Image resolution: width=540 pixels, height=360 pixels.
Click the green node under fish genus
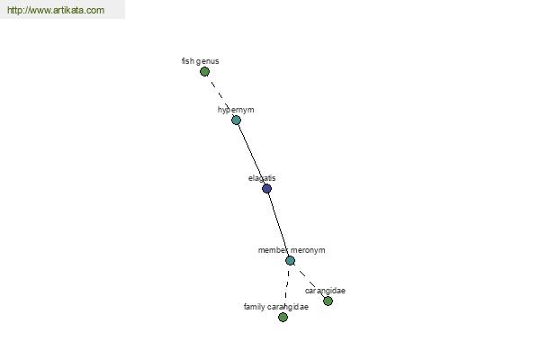(204, 72)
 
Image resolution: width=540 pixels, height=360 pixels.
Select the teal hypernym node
(236, 120)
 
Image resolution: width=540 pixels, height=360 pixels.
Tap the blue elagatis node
(266, 188)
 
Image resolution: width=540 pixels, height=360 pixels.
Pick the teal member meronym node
(290, 260)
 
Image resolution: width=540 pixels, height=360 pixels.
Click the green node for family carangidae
(283, 317)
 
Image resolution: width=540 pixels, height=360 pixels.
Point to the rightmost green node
(328, 301)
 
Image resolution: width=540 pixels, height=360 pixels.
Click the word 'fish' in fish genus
(188, 61)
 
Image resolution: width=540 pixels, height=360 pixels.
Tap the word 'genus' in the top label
(208, 62)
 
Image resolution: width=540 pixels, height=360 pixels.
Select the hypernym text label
(236, 110)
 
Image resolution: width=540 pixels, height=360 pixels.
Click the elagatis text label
(262, 178)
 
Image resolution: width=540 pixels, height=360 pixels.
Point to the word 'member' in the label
(273, 250)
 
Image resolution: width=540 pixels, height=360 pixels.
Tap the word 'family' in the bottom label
(254, 307)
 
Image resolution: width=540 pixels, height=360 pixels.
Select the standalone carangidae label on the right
(325, 291)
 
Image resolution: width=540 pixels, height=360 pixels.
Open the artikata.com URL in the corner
(56, 10)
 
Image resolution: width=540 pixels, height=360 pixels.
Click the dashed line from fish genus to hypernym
(220, 95)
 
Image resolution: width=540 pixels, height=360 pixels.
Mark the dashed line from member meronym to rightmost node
(309, 281)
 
